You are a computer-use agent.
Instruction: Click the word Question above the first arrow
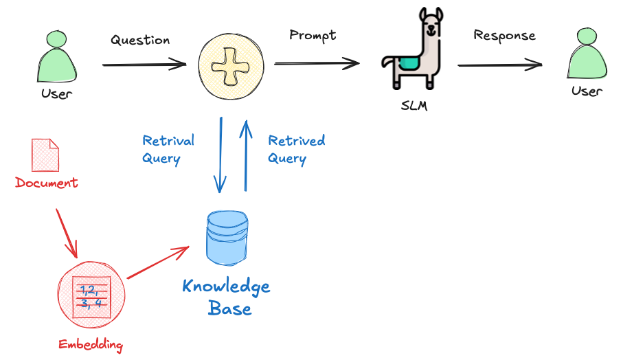pos(140,40)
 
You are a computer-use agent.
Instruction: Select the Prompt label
pos(313,34)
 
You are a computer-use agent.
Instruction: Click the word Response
pos(504,35)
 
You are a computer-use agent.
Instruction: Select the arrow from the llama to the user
pos(499,65)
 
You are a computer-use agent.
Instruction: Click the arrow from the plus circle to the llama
pos(317,64)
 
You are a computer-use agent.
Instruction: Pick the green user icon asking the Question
pos(56,59)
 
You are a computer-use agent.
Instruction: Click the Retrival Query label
pos(168,149)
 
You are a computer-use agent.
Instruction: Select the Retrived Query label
pos(296,149)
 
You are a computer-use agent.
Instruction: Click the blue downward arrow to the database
pos(220,155)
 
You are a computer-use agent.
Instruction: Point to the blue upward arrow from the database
pos(244,155)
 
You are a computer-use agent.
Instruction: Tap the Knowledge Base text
pos(227,297)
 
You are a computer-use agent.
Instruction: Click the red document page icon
pos(45,155)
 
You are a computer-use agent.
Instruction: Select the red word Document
pos(47,183)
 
